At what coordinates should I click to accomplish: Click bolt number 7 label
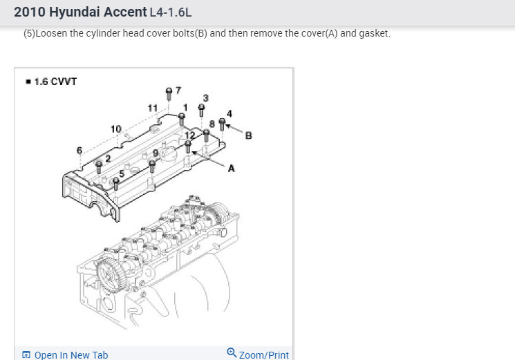point(178,91)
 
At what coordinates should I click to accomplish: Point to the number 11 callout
point(153,108)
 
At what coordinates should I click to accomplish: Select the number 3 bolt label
point(205,97)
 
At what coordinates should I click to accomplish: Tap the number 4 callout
point(230,113)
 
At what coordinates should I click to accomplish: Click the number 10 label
point(115,129)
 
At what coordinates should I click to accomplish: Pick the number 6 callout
point(79,150)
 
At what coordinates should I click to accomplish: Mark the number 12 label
point(180,135)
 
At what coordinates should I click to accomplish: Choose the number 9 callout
point(156,153)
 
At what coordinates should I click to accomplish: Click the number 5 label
point(122,173)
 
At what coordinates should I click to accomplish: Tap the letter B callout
point(249,135)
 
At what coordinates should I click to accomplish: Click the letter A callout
point(231,168)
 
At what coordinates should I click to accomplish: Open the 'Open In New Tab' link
point(71,354)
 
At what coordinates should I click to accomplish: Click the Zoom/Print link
point(263,354)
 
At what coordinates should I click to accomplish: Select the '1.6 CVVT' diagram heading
point(55,82)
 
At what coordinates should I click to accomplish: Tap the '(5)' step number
point(30,33)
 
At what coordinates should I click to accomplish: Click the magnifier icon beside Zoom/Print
point(232,353)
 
